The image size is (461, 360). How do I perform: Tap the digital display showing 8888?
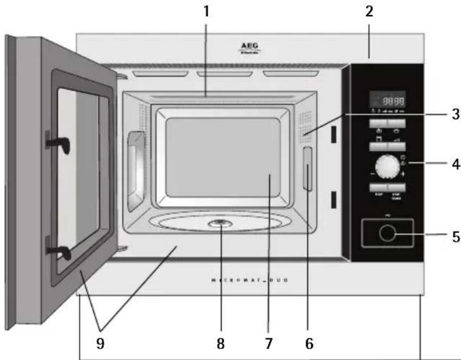[387, 100]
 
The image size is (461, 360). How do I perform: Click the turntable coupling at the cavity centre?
[219, 222]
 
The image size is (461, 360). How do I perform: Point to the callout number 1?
[206, 11]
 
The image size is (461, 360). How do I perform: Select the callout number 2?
[369, 11]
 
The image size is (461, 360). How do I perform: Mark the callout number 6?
[308, 343]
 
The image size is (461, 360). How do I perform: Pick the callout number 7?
[269, 343]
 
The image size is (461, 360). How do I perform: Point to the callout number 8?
[220, 343]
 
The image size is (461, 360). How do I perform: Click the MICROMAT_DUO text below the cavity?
[250, 281]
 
